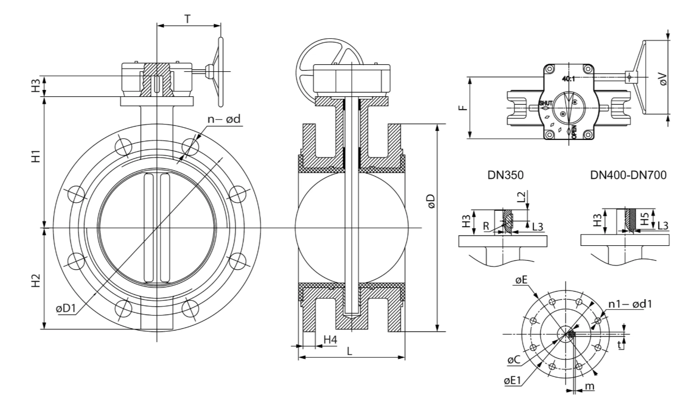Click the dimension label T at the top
click(187, 19)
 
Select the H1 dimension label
click(37, 156)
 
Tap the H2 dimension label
click(37, 280)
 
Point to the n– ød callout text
click(224, 119)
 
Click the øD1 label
click(66, 308)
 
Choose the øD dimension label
click(431, 201)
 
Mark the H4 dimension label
click(330, 340)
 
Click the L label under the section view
click(350, 351)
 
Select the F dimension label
click(464, 108)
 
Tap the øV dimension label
click(662, 79)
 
